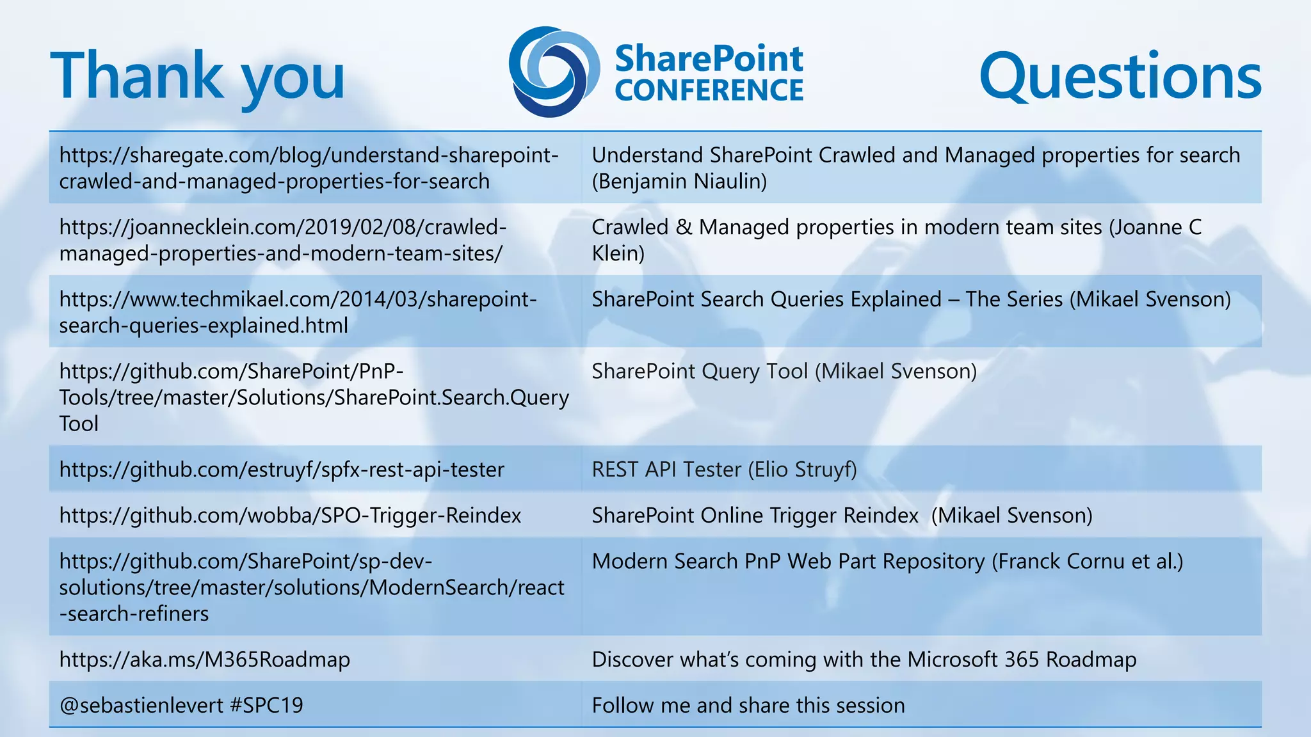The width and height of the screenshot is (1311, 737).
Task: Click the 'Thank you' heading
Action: (197, 77)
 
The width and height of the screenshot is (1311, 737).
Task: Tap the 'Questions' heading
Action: (1120, 77)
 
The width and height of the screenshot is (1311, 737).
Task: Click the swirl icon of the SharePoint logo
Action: (554, 72)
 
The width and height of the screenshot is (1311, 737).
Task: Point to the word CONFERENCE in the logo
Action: (709, 90)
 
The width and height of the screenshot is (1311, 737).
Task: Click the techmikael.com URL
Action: (298, 312)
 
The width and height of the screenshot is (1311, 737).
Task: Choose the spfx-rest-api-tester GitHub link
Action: (282, 470)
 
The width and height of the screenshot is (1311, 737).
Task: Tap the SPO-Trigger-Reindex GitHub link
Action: (290, 516)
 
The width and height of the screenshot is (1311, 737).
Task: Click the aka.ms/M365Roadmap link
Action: (205, 660)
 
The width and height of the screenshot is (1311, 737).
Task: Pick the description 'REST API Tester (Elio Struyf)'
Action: (724, 470)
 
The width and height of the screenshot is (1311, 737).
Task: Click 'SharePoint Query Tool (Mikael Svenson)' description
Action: (784, 371)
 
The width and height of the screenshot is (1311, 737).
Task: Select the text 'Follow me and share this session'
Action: (748, 706)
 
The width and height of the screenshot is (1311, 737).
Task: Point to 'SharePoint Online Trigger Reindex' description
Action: (755, 516)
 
